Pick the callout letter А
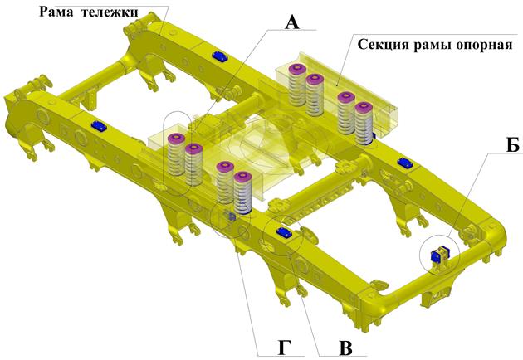[x=291, y=22]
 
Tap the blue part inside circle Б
[x=442, y=255]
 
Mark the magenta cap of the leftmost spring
[x=175, y=139]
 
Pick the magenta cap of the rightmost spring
[x=363, y=107]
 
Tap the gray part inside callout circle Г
[x=230, y=217]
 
